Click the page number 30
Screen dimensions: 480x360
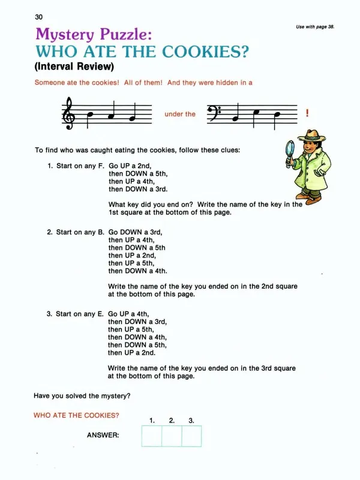[40, 17]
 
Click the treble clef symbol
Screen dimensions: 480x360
[68, 113]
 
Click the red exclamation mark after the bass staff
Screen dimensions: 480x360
[307, 113]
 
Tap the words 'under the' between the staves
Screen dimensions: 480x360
[180, 114]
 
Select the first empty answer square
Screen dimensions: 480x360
[152, 436]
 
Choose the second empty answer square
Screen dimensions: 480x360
[172, 436]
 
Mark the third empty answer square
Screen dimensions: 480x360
[191, 436]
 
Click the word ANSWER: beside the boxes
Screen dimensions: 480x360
[103, 436]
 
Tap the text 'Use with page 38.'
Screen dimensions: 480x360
[315, 27]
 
